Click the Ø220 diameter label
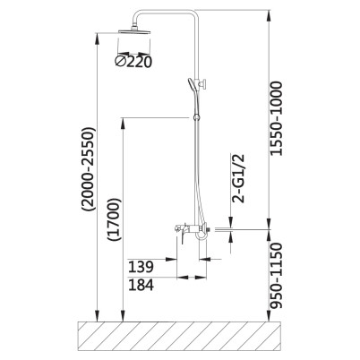pyautogui.click(x=133, y=62)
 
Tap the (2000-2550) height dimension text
pyautogui.click(x=90, y=169)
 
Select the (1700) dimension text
pyautogui.click(x=115, y=219)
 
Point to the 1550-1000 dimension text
pyautogui.click(x=276, y=118)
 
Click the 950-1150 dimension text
pyautogui.click(x=276, y=276)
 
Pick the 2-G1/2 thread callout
pyautogui.click(x=238, y=178)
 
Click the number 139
pyautogui.click(x=141, y=267)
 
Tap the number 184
pyautogui.click(x=141, y=285)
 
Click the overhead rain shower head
pyautogui.click(x=134, y=31)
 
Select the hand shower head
pyautogui.click(x=192, y=85)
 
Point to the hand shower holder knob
pyautogui.click(x=204, y=84)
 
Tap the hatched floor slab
pyautogui.click(x=180, y=336)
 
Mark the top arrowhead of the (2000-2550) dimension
pyautogui.click(x=97, y=39)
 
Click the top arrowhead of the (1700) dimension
pyautogui.click(x=123, y=124)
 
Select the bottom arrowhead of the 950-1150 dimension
pyautogui.click(x=269, y=315)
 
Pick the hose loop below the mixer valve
pyautogui.click(x=201, y=236)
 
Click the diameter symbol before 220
pyautogui.click(x=120, y=62)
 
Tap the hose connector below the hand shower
pyautogui.click(x=196, y=116)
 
